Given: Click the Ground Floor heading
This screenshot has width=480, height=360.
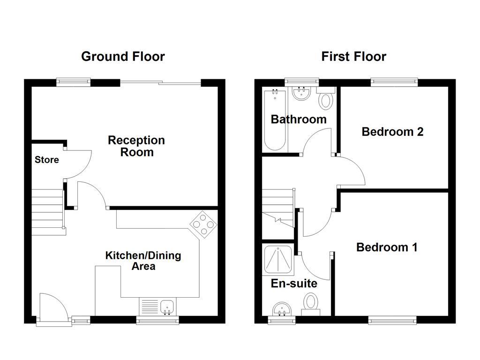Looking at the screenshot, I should coord(123,57).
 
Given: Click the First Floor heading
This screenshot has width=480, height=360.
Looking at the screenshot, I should coord(353,57).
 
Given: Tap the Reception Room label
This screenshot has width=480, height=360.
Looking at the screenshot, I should coord(136,146).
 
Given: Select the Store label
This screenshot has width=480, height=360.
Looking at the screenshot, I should coord(47,160).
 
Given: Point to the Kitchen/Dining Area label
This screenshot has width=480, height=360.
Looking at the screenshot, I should coord(143,261).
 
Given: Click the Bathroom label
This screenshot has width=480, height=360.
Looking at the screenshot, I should coord(299,119).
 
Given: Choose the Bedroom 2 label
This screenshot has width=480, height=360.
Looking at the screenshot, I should coord(392,132).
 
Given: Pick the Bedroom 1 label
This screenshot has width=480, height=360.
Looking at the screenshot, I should coord(387,247).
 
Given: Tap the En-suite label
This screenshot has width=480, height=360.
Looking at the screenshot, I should coord(294,284).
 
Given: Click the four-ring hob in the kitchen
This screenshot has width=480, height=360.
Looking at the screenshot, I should coord(203,224).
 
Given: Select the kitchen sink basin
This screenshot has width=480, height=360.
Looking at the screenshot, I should coord(167,307).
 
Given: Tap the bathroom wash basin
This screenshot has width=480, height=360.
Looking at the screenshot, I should coord(300,93).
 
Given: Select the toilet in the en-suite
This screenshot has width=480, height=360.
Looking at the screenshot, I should coord(310,302).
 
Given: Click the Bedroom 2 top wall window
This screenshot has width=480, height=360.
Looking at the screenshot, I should coord(394,82).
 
